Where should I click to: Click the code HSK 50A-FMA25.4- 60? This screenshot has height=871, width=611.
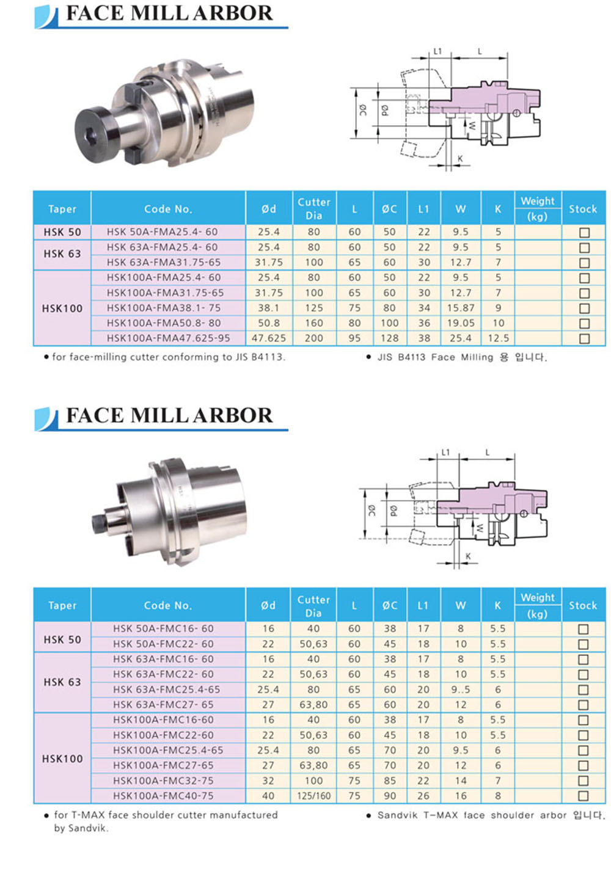click(162, 231)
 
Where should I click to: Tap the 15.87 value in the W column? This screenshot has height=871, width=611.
click(461, 308)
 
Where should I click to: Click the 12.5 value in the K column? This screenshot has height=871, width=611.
click(498, 338)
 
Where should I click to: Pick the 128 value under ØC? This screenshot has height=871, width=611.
click(389, 338)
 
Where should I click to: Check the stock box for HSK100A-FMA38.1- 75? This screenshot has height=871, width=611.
click(584, 308)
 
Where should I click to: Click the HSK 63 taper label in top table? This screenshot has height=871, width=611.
click(62, 254)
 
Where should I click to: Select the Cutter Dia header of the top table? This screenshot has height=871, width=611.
click(313, 209)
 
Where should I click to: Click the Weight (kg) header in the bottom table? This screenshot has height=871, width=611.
click(538, 605)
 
